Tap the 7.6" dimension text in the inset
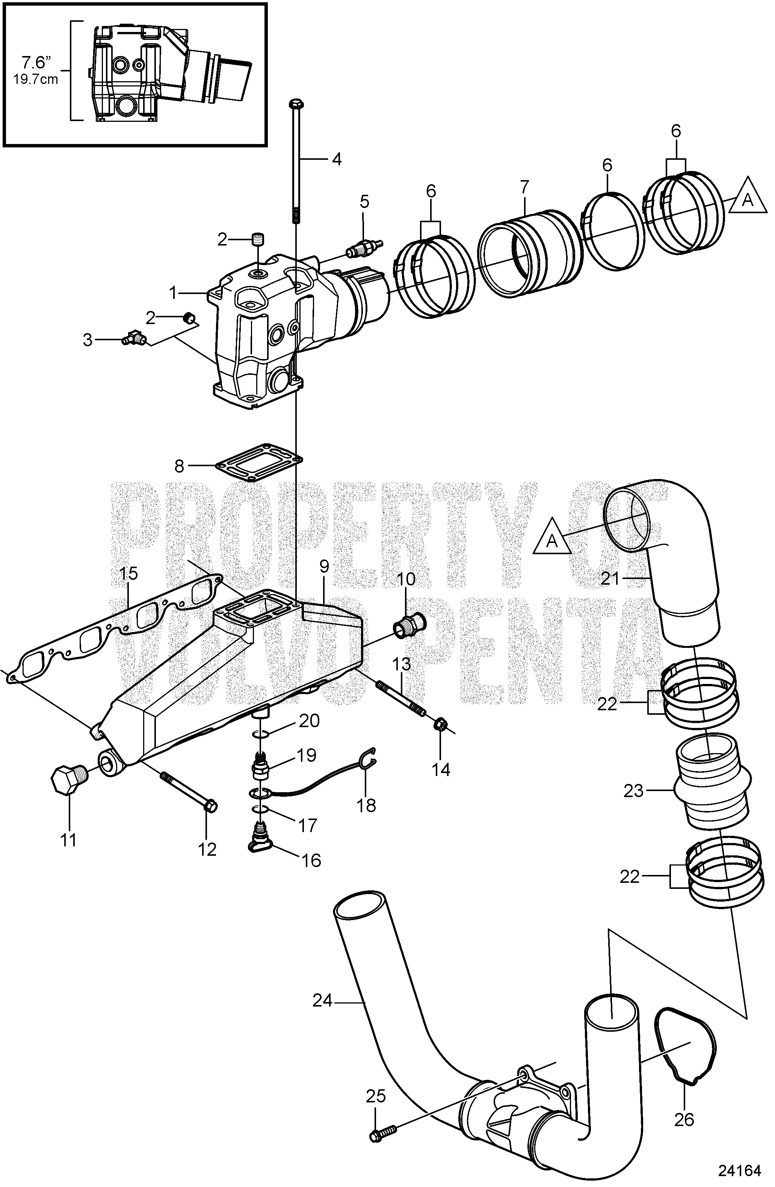(36, 63)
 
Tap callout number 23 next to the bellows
(634, 791)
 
